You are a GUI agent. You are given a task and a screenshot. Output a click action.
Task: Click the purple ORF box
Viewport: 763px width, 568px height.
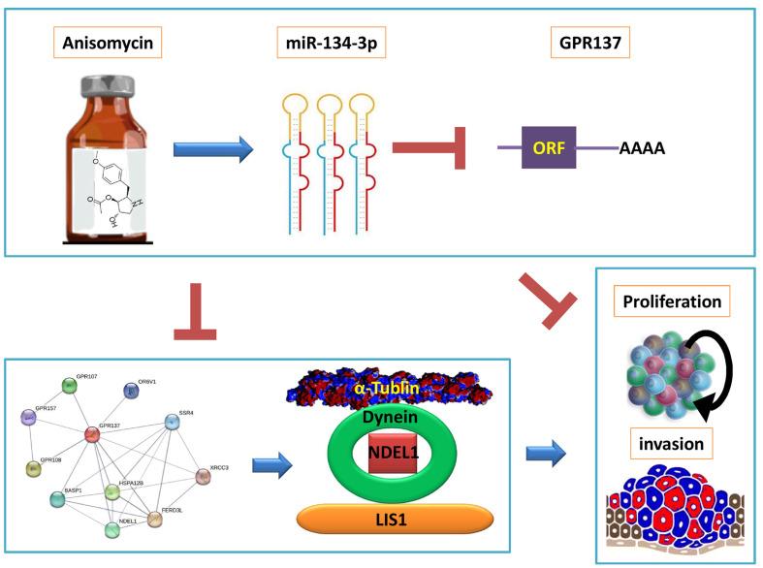point(549,147)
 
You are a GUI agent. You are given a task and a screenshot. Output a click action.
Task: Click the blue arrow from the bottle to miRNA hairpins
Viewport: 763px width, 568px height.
point(212,149)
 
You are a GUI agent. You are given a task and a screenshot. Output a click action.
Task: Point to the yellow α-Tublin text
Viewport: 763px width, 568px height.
point(386,388)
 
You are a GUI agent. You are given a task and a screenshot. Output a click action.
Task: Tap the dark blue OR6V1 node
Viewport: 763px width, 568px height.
point(132,390)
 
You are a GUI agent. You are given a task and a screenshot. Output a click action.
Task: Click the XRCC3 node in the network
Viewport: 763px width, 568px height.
point(202,476)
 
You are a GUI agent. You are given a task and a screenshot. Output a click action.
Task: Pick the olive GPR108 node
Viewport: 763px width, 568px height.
point(33,469)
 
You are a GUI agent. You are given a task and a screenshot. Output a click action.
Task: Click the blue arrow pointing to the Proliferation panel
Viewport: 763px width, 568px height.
point(546,450)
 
